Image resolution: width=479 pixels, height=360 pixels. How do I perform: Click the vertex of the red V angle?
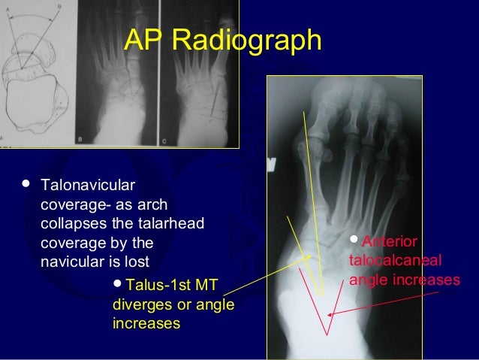pos(326,335)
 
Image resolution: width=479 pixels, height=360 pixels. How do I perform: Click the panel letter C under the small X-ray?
pos(164,139)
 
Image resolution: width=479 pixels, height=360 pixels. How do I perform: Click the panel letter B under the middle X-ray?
pos(80,139)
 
